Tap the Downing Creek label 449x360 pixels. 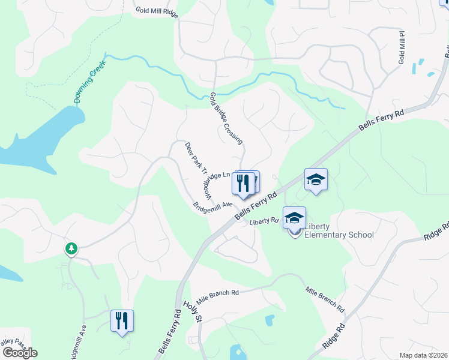click(90, 82)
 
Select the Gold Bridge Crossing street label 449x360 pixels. click(226, 118)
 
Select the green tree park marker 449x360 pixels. click(71, 248)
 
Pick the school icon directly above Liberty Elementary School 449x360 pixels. click(294, 218)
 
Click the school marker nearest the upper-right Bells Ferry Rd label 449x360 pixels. click(316, 179)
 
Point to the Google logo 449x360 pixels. click(20, 353)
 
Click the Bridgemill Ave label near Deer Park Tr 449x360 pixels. click(212, 205)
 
